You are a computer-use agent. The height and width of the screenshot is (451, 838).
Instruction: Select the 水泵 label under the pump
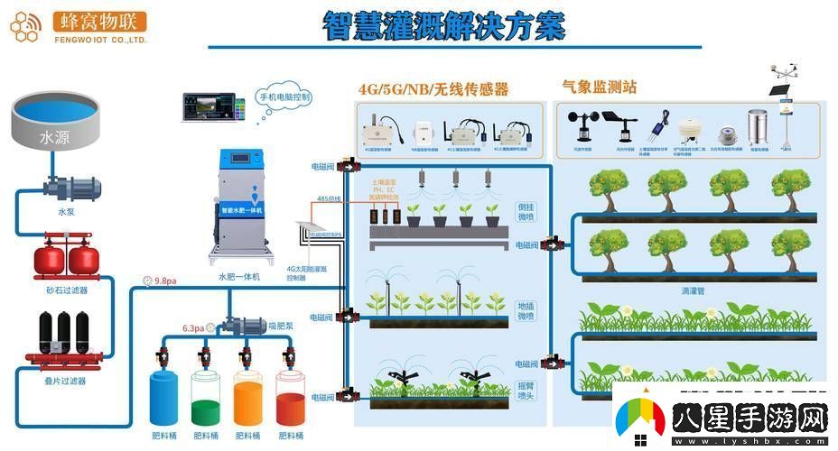66,213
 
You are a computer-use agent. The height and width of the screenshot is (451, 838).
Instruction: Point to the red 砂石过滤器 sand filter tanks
68,260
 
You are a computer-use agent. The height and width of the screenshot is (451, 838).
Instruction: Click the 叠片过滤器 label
66,382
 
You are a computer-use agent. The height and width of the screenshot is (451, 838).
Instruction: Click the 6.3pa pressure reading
192,328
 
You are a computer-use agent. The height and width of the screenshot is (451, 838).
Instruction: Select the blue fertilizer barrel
163,398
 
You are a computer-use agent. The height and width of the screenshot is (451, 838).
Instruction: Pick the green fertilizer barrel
205,398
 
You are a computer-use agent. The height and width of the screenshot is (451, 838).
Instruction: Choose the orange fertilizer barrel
247,398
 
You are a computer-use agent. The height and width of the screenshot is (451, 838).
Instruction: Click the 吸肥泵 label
277,322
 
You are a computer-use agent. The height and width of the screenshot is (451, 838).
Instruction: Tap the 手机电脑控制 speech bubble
284,97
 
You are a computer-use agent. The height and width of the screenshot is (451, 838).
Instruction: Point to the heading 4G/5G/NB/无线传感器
433,88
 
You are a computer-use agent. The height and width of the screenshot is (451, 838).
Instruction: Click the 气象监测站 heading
599,87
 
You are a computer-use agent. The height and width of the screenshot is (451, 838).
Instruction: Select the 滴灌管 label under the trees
693,291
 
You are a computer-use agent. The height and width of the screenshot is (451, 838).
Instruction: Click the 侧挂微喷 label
526,211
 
